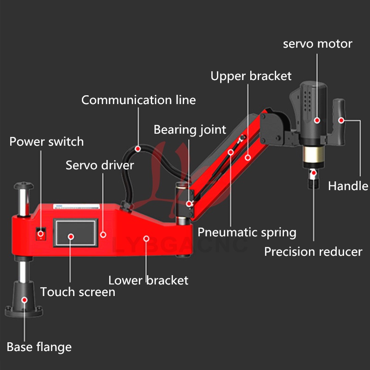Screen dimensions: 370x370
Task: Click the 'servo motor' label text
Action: point(317,44)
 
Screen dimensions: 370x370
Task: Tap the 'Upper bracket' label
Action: point(251,76)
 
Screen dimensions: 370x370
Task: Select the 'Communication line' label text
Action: point(138,100)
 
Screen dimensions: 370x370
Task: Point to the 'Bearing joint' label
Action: point(190,129)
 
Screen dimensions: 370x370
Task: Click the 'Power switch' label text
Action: point(47,142)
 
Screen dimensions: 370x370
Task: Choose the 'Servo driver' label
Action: point(100,165)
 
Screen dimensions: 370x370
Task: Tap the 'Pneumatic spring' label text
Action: point(247,232)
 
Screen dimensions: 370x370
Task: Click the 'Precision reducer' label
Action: point(313,252)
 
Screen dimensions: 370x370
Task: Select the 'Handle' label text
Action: point(348,186)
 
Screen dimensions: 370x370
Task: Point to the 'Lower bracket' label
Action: point(148,280)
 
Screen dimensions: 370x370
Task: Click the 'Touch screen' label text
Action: point(78,292)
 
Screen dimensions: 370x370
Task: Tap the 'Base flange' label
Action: point(39,347)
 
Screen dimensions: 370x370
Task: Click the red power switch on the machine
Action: point(41,234)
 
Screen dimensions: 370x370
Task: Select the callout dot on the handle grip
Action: point(341,120)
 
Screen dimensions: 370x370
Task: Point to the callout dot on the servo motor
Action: point(317,120)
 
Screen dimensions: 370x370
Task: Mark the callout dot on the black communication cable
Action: point(138,148)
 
